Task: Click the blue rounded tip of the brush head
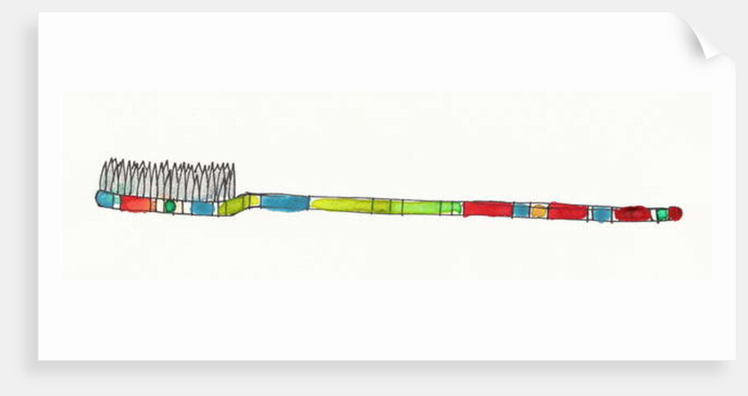[105, 200]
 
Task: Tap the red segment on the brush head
[136, 204]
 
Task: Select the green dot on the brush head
[170, 207]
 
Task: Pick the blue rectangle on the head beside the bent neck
[202, 209]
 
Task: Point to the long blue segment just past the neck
[284, 202]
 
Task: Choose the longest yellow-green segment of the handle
[341, 205]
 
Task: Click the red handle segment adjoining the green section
[487, 209]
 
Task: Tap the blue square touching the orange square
[521, 210]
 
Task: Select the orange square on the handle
[539, 211]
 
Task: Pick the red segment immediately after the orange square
[568, 211]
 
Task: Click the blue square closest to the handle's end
[601, 214]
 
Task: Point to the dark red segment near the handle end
[632, 214]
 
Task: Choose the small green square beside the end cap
[662, 215]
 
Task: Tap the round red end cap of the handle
[675, 214]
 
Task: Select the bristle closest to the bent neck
[231, 182]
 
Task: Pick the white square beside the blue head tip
[117, 202]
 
